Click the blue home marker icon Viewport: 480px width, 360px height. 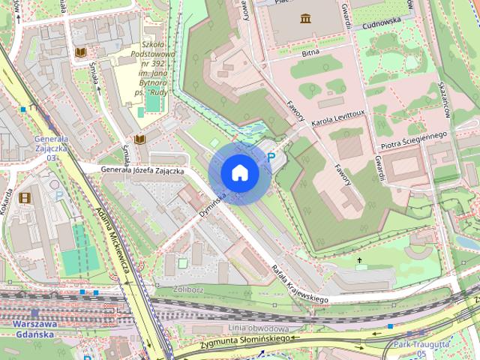(240, 173)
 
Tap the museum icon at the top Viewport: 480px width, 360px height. (305, 18)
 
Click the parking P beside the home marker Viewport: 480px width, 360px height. (271, 158)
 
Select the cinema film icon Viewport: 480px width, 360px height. (27, 197)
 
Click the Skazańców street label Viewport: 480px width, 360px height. (444, 99)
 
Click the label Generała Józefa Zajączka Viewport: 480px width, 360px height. (142, 171)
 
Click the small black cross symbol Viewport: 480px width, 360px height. (360, 261)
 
